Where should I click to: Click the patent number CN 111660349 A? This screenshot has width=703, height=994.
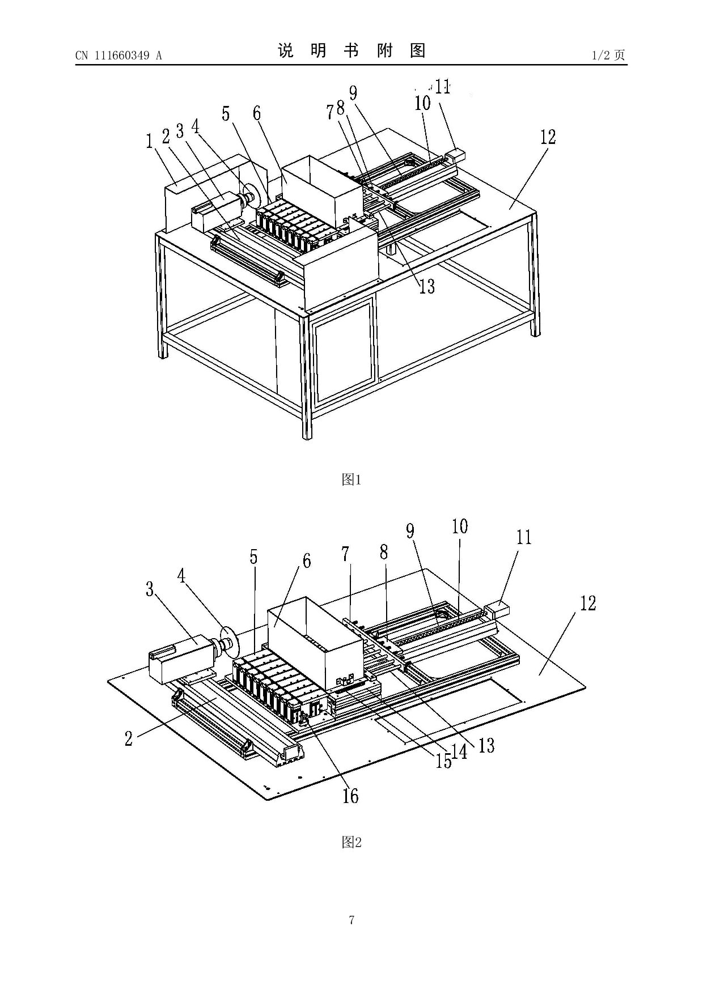coord(118,56)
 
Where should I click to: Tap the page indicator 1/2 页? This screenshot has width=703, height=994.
coord(608,55)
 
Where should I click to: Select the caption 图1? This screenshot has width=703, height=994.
coord(351,480)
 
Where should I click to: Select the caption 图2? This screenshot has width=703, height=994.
coord(351,842)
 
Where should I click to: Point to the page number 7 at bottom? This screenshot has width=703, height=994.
coord(351,920)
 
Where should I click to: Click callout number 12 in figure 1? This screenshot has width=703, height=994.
coord(548,137)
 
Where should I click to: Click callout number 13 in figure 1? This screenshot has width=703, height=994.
coord(427,286)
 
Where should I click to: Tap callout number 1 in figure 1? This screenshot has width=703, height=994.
coord(149,141)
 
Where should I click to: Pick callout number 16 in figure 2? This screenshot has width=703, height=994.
coord(350,796)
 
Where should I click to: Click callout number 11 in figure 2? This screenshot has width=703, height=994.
coord(524,537)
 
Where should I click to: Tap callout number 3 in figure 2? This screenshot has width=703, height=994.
coord(150,589)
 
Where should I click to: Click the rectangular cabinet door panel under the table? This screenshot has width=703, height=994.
coord(345,348)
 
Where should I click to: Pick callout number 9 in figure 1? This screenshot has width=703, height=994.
coord(353,93)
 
